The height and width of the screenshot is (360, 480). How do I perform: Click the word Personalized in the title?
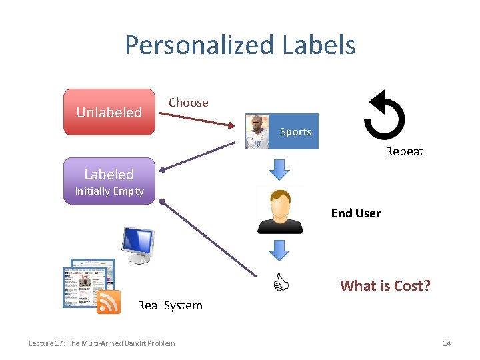pyautogui.click(x=199, y=45)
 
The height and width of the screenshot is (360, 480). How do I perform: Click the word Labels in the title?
pyautogui.click(x=319, y=45)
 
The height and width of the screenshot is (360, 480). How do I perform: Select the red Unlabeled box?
pyautogui.click(x=109, y=112)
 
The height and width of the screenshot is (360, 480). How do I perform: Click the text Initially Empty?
pyautogui.click(x=109, y=191)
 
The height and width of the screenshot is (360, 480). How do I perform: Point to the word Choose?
pyautogui.click(x=188, y=103)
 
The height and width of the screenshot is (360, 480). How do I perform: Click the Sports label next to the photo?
pyautogui.click(x=295, y=131)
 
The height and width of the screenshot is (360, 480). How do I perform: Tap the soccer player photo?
pyautogui.click(x=258, y=131)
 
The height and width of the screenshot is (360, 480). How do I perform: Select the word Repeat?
pyautogui.click(x=404, y=151)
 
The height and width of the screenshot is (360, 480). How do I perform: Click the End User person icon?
pyautogui.click(x=281, y=211)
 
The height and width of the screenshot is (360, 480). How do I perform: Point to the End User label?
pyautogui.click(x=355, y=213)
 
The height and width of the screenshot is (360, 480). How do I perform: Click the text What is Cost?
pyautogui.click(x=385, y=286)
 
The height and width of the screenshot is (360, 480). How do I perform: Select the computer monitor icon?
pyautogui.click(x=137, y=245)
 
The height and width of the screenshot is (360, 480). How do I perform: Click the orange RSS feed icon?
pyautogui.click(x=109, y=302)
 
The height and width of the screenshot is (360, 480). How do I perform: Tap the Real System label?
pyautogui.click(x=169, y=305)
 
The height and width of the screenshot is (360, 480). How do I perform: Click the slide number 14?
pyautogui.click(x=447, y=343)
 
